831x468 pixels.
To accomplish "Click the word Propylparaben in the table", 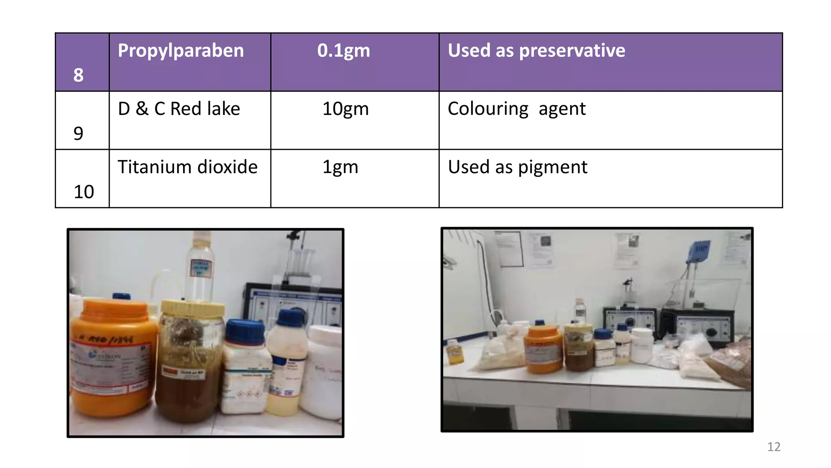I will (x=181, y=51).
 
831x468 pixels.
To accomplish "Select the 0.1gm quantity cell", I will (x=344, y=51).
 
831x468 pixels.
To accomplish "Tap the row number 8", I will (x=78, y=75).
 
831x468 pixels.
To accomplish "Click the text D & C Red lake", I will (x=179, y=109).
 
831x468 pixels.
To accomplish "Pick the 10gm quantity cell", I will (x=345, y=109).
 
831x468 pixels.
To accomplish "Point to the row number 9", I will (x=78, y=133).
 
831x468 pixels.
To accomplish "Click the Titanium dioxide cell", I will (x=187, y=167).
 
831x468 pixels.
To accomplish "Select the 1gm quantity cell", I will (x=340, y=167).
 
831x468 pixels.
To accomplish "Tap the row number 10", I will (x=84, y=192).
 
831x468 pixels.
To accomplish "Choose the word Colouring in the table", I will (x=488, y=109).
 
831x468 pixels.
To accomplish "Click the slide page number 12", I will (x=773, y=447).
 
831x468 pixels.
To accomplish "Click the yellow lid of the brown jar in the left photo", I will (x=192, y=308).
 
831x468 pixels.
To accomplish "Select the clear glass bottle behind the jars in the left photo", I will (x=200, y=266).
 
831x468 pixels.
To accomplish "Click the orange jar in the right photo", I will (x=543, y=349).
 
